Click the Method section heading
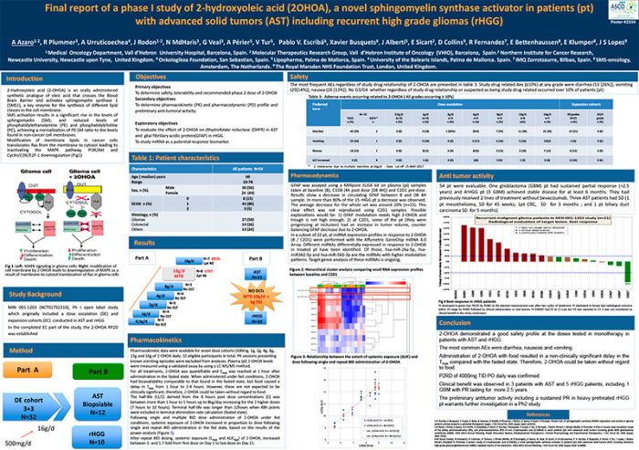(22, 351)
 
